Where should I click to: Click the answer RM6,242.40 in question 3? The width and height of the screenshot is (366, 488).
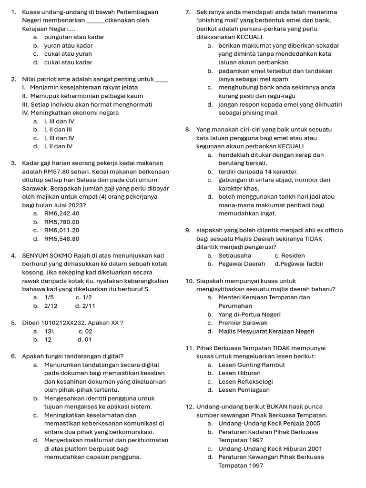click(x=61, y=213)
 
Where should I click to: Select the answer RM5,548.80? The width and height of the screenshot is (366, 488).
click(x=61, y=239)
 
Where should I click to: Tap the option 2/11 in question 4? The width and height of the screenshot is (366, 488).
click(x=89, y=305)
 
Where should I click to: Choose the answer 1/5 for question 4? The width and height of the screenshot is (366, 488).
click(x=49, y=297)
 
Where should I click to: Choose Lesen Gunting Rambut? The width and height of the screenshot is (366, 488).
click(x=251, y=365)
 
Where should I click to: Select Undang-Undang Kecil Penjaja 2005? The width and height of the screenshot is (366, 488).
click(x=269, y=423)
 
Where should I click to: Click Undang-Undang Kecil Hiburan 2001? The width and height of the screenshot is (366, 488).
click(x=270, y=448)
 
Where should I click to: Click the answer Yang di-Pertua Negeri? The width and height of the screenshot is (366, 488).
click(x=249, y=314)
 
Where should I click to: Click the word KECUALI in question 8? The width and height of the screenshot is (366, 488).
click(x=291, y=146)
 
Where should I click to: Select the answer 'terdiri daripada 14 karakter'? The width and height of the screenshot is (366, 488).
click(x=258, y=171)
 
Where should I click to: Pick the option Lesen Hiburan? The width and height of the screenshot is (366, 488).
click(x=239, y=373)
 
